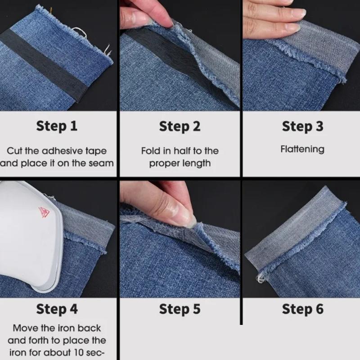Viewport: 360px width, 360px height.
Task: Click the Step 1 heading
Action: [57, 126]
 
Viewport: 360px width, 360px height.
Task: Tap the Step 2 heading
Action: [180, 127]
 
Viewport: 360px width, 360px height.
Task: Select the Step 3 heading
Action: [302, 126]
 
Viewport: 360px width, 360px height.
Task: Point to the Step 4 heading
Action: [57, 309]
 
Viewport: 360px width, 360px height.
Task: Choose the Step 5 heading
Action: [180, 309]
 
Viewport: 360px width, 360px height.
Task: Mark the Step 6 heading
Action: [302, 309]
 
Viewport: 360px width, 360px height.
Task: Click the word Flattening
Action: [302, 149]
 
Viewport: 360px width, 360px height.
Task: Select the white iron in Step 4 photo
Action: [27, 234]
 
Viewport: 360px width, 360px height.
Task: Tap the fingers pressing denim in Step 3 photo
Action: [270, 22]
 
